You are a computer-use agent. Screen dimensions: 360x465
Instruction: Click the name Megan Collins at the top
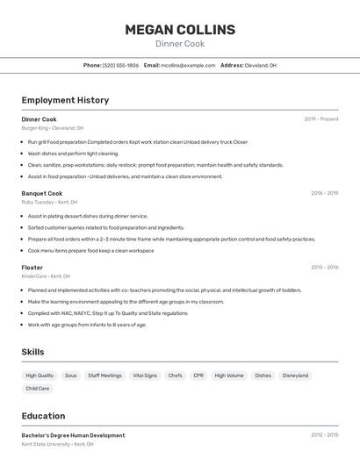tap(180, 29)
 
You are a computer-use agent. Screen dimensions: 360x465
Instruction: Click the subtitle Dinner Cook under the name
tap(180, 44)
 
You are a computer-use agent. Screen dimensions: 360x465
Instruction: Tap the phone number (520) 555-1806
tap(121, 65)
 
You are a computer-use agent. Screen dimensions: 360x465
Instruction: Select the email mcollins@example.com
tap(188, 65)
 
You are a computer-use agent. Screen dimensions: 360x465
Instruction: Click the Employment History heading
tap(65, 100)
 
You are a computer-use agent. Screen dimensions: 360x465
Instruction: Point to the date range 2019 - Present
tap(321, 119)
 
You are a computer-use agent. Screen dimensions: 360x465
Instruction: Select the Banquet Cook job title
tap(42, 193)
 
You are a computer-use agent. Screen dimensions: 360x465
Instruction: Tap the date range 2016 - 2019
tap(324, 193)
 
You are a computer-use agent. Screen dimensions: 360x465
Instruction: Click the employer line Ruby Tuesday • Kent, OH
tap(49, 202)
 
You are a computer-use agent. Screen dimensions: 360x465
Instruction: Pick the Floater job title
tap(32, 267)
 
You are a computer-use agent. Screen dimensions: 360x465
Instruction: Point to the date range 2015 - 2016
tap(324, 267)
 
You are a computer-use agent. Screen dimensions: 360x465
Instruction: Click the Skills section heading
tap(33, 352)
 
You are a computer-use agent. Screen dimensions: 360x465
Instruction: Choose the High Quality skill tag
tap(40, 376)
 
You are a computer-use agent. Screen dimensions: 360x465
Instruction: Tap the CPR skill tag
tap(198, 376)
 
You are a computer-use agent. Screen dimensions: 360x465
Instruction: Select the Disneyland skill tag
tap(296, 376)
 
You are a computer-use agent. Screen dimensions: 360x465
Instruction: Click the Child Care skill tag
tap(38, 388)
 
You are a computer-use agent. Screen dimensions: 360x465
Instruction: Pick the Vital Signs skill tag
tap(145, 376)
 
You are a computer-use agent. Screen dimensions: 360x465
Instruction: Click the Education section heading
tap(43, 416)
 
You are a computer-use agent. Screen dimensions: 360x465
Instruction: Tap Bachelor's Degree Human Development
tap(73, 435)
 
